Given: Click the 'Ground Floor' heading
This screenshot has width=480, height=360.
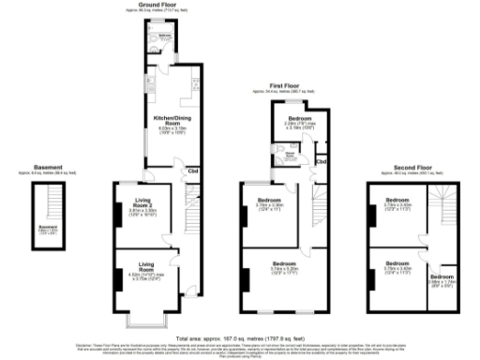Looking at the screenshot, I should (x=159, y=5).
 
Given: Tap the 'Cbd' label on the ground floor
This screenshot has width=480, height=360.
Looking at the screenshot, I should (x=192, y=171).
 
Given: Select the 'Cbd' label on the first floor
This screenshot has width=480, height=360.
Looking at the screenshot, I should (x=321, y=162).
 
